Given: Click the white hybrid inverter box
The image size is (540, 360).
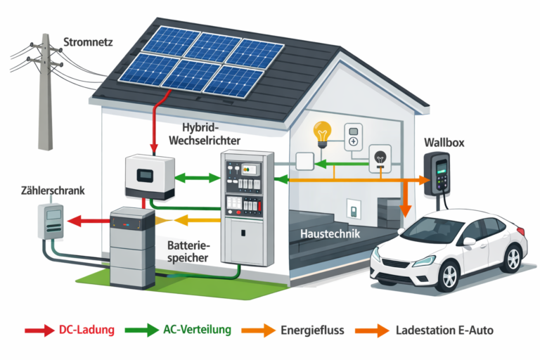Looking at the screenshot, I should (149, 175).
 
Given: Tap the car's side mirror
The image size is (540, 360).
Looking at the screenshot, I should (469, 241).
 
